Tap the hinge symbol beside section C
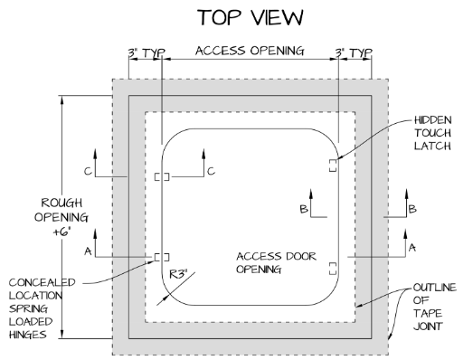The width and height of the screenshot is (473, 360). pyautogui.click(x=162, y=176)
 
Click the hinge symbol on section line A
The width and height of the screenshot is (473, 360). pyautogui.click(x=162, y=257)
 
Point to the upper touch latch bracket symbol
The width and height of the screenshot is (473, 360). pyautogui.click(x=333, y=164)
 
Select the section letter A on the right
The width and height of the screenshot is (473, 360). pyautogui.click(x=412, y=246)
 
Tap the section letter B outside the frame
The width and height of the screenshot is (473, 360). pyautogui.click(x=412, y=209)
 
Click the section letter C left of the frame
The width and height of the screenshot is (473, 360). pyautogui.click(x=88, y=169)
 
